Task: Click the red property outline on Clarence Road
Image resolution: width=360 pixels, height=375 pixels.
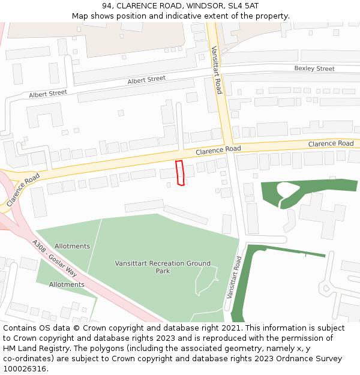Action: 179,173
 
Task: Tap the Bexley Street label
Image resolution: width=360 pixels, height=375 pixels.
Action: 314,69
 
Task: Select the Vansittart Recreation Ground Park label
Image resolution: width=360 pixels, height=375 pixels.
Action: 163,267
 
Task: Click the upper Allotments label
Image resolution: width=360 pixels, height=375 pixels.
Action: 72,247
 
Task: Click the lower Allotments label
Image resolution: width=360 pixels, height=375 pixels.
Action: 67,284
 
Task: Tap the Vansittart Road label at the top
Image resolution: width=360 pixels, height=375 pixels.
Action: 217,70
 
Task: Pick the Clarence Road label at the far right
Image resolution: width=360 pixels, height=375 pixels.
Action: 331,144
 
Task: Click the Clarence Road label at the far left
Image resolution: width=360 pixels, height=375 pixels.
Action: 23,190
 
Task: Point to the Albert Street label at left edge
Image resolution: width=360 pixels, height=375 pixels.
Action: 48,94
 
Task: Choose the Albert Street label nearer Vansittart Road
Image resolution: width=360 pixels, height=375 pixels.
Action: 146,80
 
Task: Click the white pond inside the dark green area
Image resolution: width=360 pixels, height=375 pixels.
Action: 287,191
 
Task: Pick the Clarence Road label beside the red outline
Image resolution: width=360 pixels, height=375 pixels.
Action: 218,149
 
